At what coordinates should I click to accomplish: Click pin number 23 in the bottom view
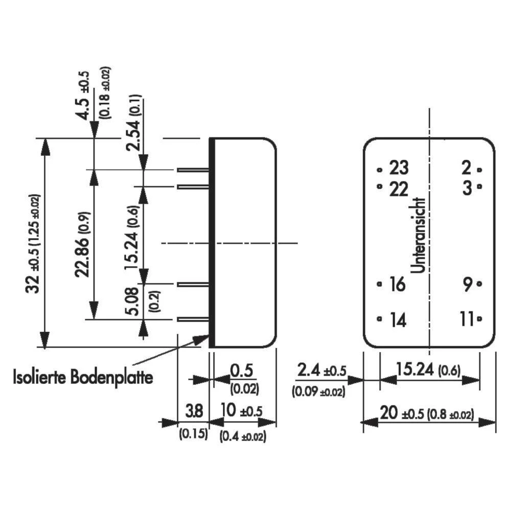399,168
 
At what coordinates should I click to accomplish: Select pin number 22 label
399,189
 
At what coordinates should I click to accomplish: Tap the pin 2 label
466,168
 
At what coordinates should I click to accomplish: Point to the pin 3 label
466,188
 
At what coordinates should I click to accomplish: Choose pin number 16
397,285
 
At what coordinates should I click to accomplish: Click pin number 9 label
467,285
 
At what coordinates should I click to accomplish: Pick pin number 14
397,320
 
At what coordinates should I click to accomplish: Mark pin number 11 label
467,320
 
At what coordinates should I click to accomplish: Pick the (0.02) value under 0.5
244,389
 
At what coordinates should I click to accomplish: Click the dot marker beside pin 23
379,169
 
